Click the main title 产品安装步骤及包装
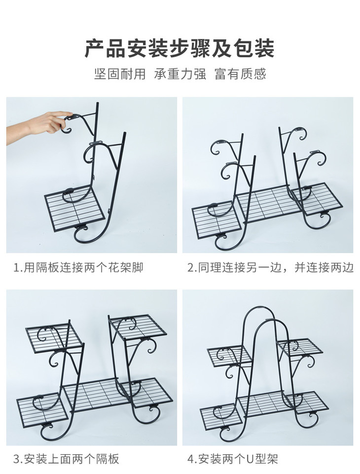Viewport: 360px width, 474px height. click(180, 48)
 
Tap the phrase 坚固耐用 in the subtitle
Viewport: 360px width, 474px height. click(120, 74)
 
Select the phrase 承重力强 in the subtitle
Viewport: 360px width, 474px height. click(180, 74)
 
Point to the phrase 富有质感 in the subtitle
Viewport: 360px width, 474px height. click(240, 74)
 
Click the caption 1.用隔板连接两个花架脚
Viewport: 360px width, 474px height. click(78, 267)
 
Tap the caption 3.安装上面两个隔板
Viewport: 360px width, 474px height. click(67, 459)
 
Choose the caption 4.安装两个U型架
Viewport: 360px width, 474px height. click(232, 459)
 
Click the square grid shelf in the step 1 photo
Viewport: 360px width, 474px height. click(74, 209)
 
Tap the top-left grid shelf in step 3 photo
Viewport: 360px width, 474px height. click(54, 338)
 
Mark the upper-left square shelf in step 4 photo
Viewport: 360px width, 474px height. click(230, 356)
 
